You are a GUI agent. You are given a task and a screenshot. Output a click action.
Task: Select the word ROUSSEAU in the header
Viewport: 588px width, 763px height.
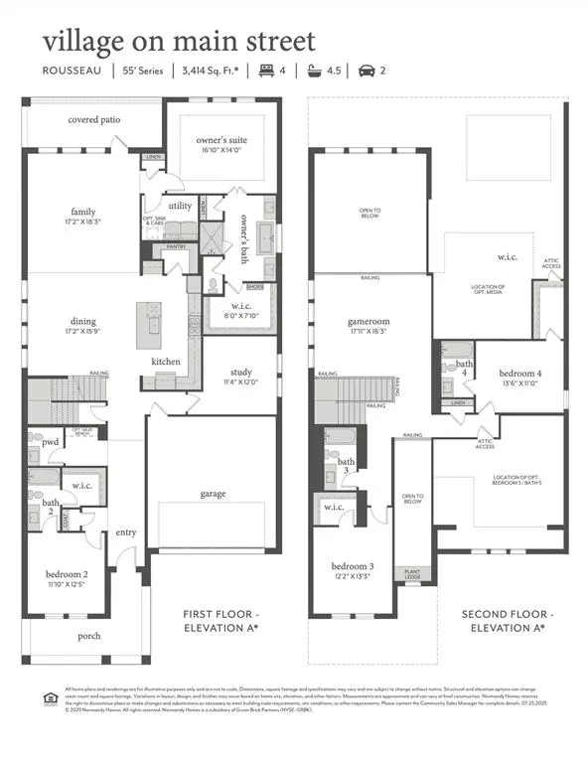point(71,71)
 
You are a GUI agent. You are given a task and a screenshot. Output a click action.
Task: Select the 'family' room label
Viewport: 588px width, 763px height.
point(83,212)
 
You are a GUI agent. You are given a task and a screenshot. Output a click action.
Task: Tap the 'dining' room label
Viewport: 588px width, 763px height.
point(83,321)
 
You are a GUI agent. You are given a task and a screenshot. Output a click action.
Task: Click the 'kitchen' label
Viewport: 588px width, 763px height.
point(166,361)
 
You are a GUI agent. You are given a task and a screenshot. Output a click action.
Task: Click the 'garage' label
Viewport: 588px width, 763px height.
point(212,493)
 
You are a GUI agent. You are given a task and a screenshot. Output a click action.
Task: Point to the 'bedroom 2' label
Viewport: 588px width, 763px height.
point(67,574)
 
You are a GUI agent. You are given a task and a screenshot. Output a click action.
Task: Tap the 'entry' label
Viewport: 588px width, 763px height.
point(126,533)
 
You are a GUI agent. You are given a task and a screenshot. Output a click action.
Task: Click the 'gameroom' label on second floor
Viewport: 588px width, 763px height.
point(358,324)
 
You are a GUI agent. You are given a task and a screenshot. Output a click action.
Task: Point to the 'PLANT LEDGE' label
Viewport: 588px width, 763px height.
point(410,574)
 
